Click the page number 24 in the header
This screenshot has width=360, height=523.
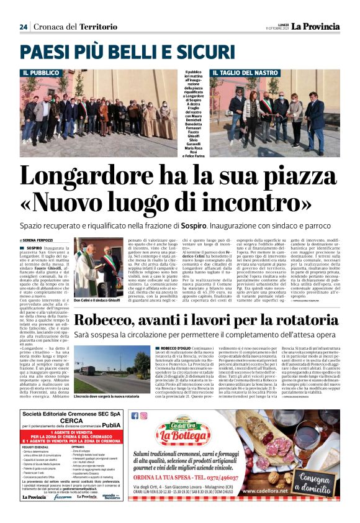click(24, 27)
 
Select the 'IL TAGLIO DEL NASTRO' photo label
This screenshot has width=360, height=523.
click(240, 73)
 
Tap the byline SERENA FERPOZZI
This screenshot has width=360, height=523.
click(40, 239)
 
